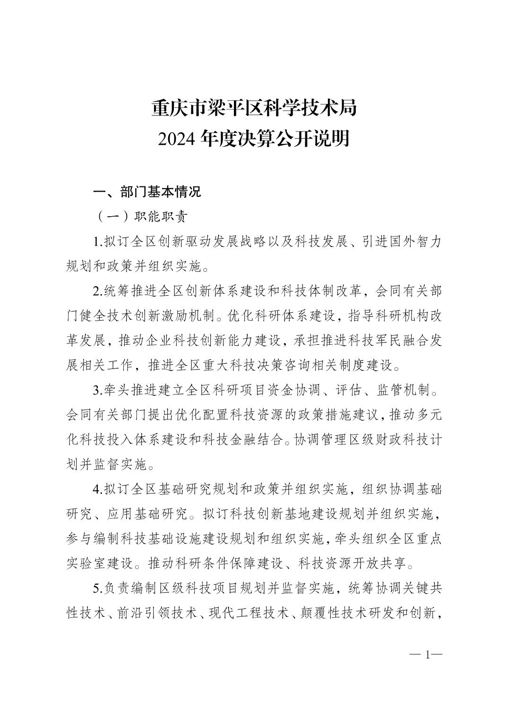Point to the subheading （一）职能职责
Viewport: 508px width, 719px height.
point(141,217)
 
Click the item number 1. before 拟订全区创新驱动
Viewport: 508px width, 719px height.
point(98,242)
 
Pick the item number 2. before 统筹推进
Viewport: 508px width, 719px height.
point(98,291)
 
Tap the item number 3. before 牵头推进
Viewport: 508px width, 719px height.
point(98,390)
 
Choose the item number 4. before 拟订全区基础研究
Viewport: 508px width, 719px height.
point(98,489)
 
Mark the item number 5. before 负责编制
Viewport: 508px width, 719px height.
point(98,588)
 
